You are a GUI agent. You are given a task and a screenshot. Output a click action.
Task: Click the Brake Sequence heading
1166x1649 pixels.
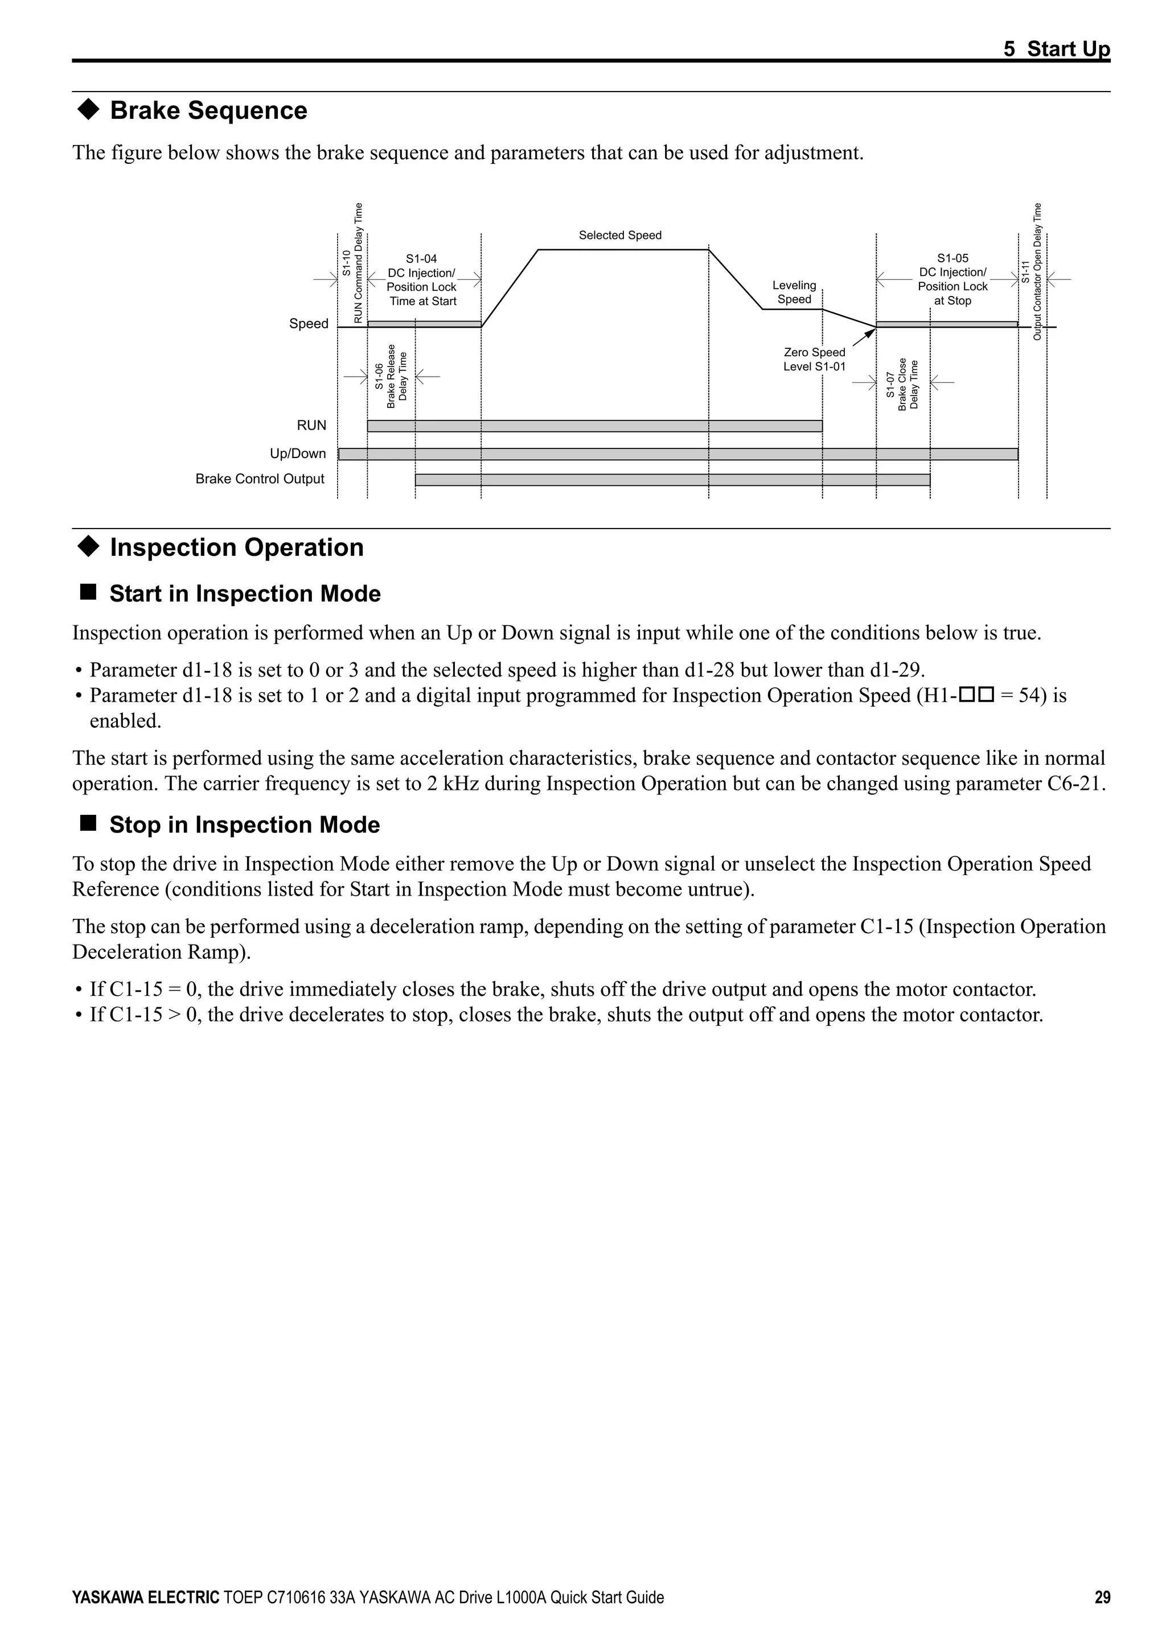208,110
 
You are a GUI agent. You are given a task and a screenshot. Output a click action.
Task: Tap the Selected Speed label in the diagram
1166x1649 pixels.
619,235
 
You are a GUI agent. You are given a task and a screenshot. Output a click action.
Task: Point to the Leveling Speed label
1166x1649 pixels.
794,292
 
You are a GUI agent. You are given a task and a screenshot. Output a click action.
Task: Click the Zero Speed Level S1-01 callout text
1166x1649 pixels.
814,359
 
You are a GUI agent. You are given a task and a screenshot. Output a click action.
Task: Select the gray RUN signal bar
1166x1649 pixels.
594,426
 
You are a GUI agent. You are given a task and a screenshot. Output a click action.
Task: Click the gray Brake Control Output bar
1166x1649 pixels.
672,480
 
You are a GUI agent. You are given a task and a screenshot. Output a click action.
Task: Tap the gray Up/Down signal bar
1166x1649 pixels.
678,454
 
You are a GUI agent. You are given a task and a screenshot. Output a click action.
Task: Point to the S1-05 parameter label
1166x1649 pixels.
952,258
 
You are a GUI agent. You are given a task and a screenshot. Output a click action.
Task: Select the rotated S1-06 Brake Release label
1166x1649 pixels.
390,376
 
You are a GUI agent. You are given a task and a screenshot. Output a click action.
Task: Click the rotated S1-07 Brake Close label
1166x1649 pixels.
902,384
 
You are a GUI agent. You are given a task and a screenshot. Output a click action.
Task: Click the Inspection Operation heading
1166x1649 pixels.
236,547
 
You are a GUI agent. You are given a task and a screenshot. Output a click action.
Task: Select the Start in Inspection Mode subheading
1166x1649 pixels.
244,594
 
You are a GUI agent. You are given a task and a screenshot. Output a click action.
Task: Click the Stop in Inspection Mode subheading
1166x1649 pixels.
244,824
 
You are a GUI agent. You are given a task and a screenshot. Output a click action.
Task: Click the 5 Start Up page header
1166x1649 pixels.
1056,49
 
